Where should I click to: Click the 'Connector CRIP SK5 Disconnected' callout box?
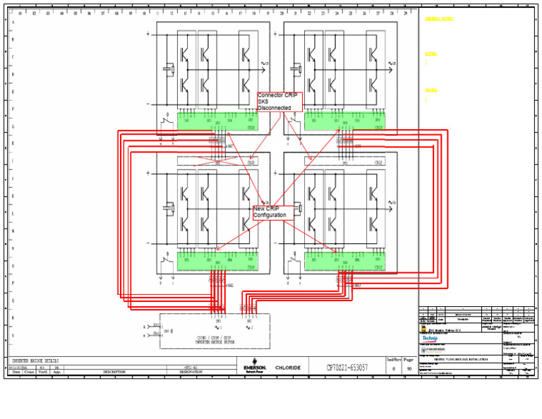pyautogui.click(x=279, y=102)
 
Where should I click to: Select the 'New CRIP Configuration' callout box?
pyautogui.click(x=273, y=212)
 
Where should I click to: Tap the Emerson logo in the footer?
pyautogui.click(x=255, y=368)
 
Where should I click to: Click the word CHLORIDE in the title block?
pyautogui.click(x=288, y=368)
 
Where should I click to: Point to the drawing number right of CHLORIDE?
pyautogui.click(x=347, y=368)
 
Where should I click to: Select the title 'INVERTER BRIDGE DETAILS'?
pyautogui.click(x=35, y=360)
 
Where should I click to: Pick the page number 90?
pyautogui.click(x=409, y=368)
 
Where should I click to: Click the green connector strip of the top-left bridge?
pyautogui.click(x=217, y=121)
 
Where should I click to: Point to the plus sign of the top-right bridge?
pyautogui.click(x=275, y=34)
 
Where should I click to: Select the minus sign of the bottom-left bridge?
pyautogui.click(x=147, y=243)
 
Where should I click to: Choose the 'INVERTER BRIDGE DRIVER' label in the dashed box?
pyautogui.click(x=214, y=342)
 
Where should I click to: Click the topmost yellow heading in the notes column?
pyautogui.click(x=439, y=19)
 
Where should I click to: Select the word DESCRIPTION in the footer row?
pyautogui.click(x=114, y=372)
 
